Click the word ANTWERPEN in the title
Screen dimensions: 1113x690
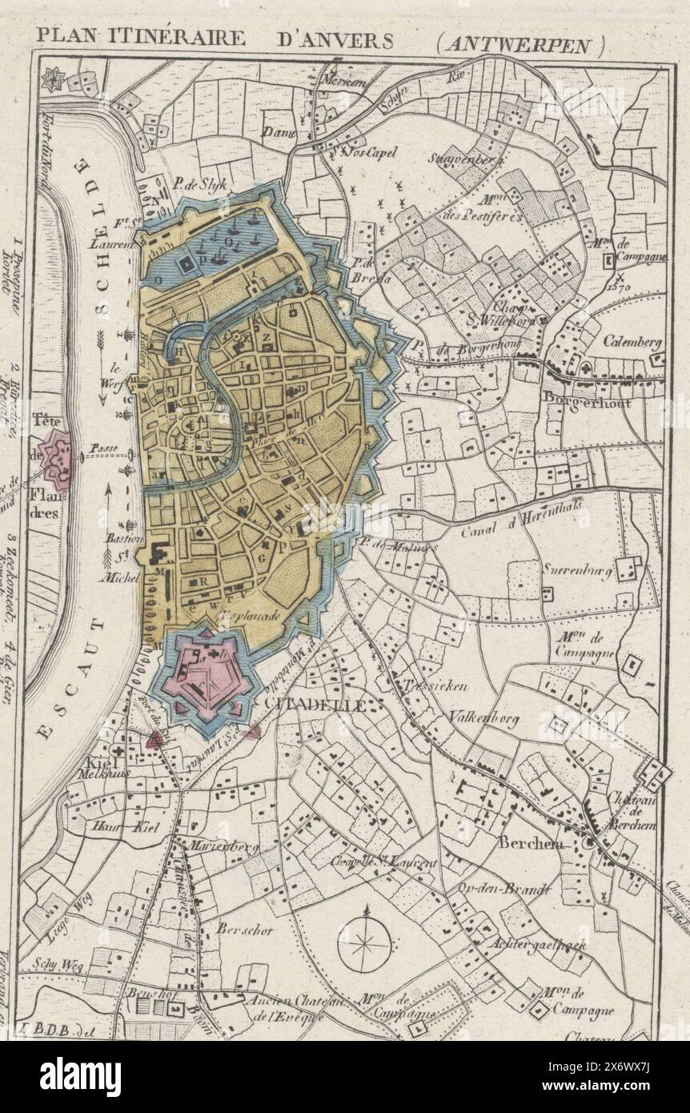coord(520,43)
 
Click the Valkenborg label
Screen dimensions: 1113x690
coord(483,717)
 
